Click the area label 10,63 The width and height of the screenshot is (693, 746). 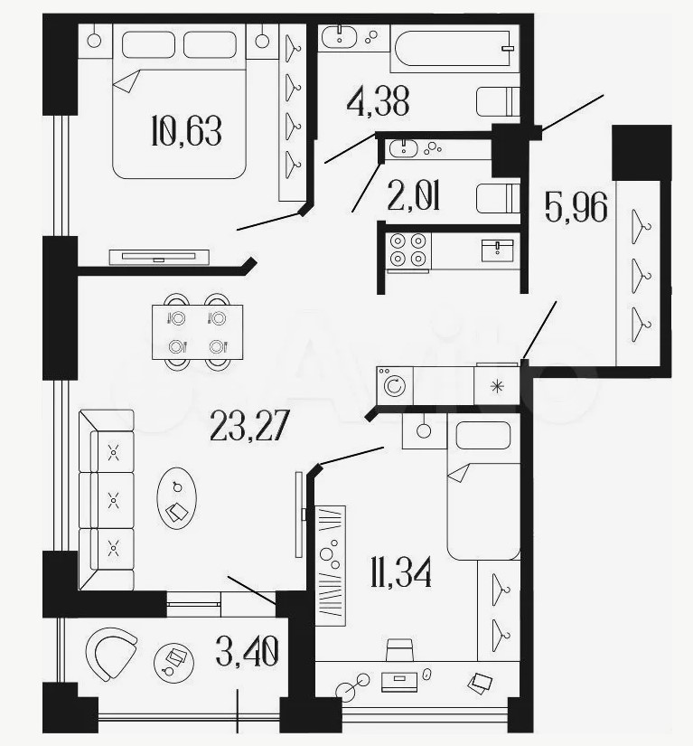click(x=186, y=130)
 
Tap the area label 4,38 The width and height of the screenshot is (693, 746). click(x=378, y=102)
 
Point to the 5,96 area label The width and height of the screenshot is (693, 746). click(x=576, y=207)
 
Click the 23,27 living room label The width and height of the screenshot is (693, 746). click(x=249, y=425)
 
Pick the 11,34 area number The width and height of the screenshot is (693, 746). click(x=400, y=572)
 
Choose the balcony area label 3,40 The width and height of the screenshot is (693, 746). click(x=247, y=651)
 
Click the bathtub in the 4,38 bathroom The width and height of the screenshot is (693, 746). click(x=454, y=49)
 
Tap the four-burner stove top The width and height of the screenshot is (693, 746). click(x=407, y=250)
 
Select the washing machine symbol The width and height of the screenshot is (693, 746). click(x=395, y=385)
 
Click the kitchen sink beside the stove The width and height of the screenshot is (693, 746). click(x=498, y=250)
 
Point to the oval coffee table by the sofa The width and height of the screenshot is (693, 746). click(x=177, y=497)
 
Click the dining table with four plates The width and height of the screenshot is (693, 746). click(x=197, y=332)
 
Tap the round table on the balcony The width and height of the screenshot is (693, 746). click(x=174, y=663)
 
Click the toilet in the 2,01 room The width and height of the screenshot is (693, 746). click(x=498, y=198)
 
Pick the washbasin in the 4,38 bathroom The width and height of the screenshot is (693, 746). click(x=339, y=37)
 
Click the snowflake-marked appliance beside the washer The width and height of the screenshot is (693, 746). click(x=496, y=385)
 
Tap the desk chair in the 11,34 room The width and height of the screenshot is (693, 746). click(x=399, y=650)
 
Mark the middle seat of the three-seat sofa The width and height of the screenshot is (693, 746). click(x=114, y=500)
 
